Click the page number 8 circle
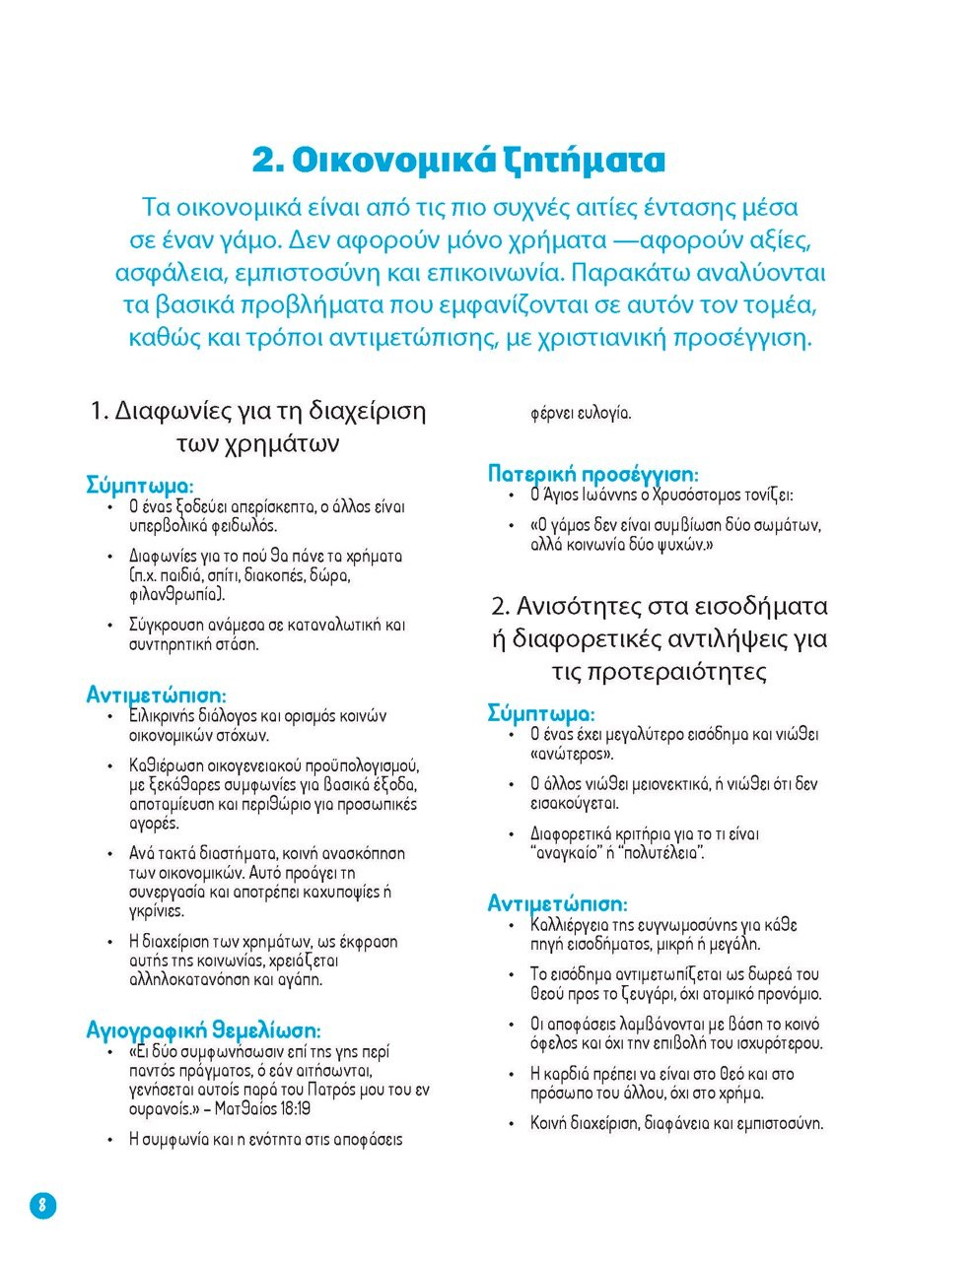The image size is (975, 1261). [x=42, y=1204]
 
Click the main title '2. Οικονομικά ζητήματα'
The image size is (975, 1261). [x=458, y=161]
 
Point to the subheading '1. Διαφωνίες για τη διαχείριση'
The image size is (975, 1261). [x=257, y=410]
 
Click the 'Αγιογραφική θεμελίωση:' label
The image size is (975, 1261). [x=204, y=1030]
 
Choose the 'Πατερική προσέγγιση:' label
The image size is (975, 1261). [x=593, y=474]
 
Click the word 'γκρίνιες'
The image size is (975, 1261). [x=157, y=911]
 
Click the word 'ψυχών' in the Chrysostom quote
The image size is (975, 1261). [x=681, y=545]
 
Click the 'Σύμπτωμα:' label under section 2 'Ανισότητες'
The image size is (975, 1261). [x=541, y=713]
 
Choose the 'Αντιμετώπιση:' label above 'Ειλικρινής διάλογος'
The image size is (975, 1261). [x=157, y=696]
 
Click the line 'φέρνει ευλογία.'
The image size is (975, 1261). [x=581, y=413]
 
